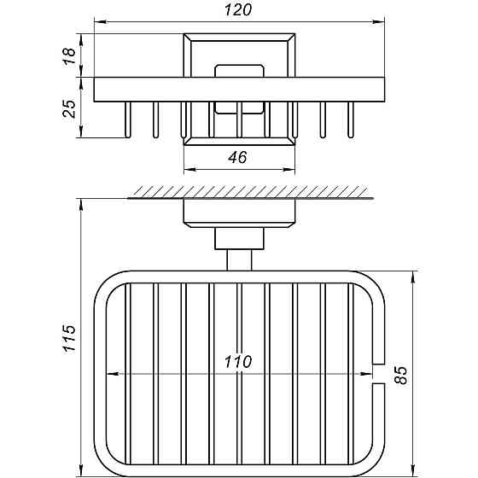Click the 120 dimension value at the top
click(238, 9)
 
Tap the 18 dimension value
click(69, 56)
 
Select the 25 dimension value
click(69, 109)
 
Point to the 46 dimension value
click(238, 157)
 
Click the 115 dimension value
click(69, 339)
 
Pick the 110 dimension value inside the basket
click(238, 362)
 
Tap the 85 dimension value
click(400, 376)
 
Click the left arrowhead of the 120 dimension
click(100, 21)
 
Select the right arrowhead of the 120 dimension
click(379, 21)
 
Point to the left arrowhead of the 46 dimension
click(189, 170)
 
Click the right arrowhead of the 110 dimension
click(366, 374)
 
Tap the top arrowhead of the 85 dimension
click(413, 277)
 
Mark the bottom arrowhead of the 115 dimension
click(81, 470)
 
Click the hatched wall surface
click(251, 192)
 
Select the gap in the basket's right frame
click(379, 374)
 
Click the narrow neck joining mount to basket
click(239, 260)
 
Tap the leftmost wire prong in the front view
click(128, 119)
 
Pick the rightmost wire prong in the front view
click(351, 119)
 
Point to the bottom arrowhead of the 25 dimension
click(81, 131)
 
